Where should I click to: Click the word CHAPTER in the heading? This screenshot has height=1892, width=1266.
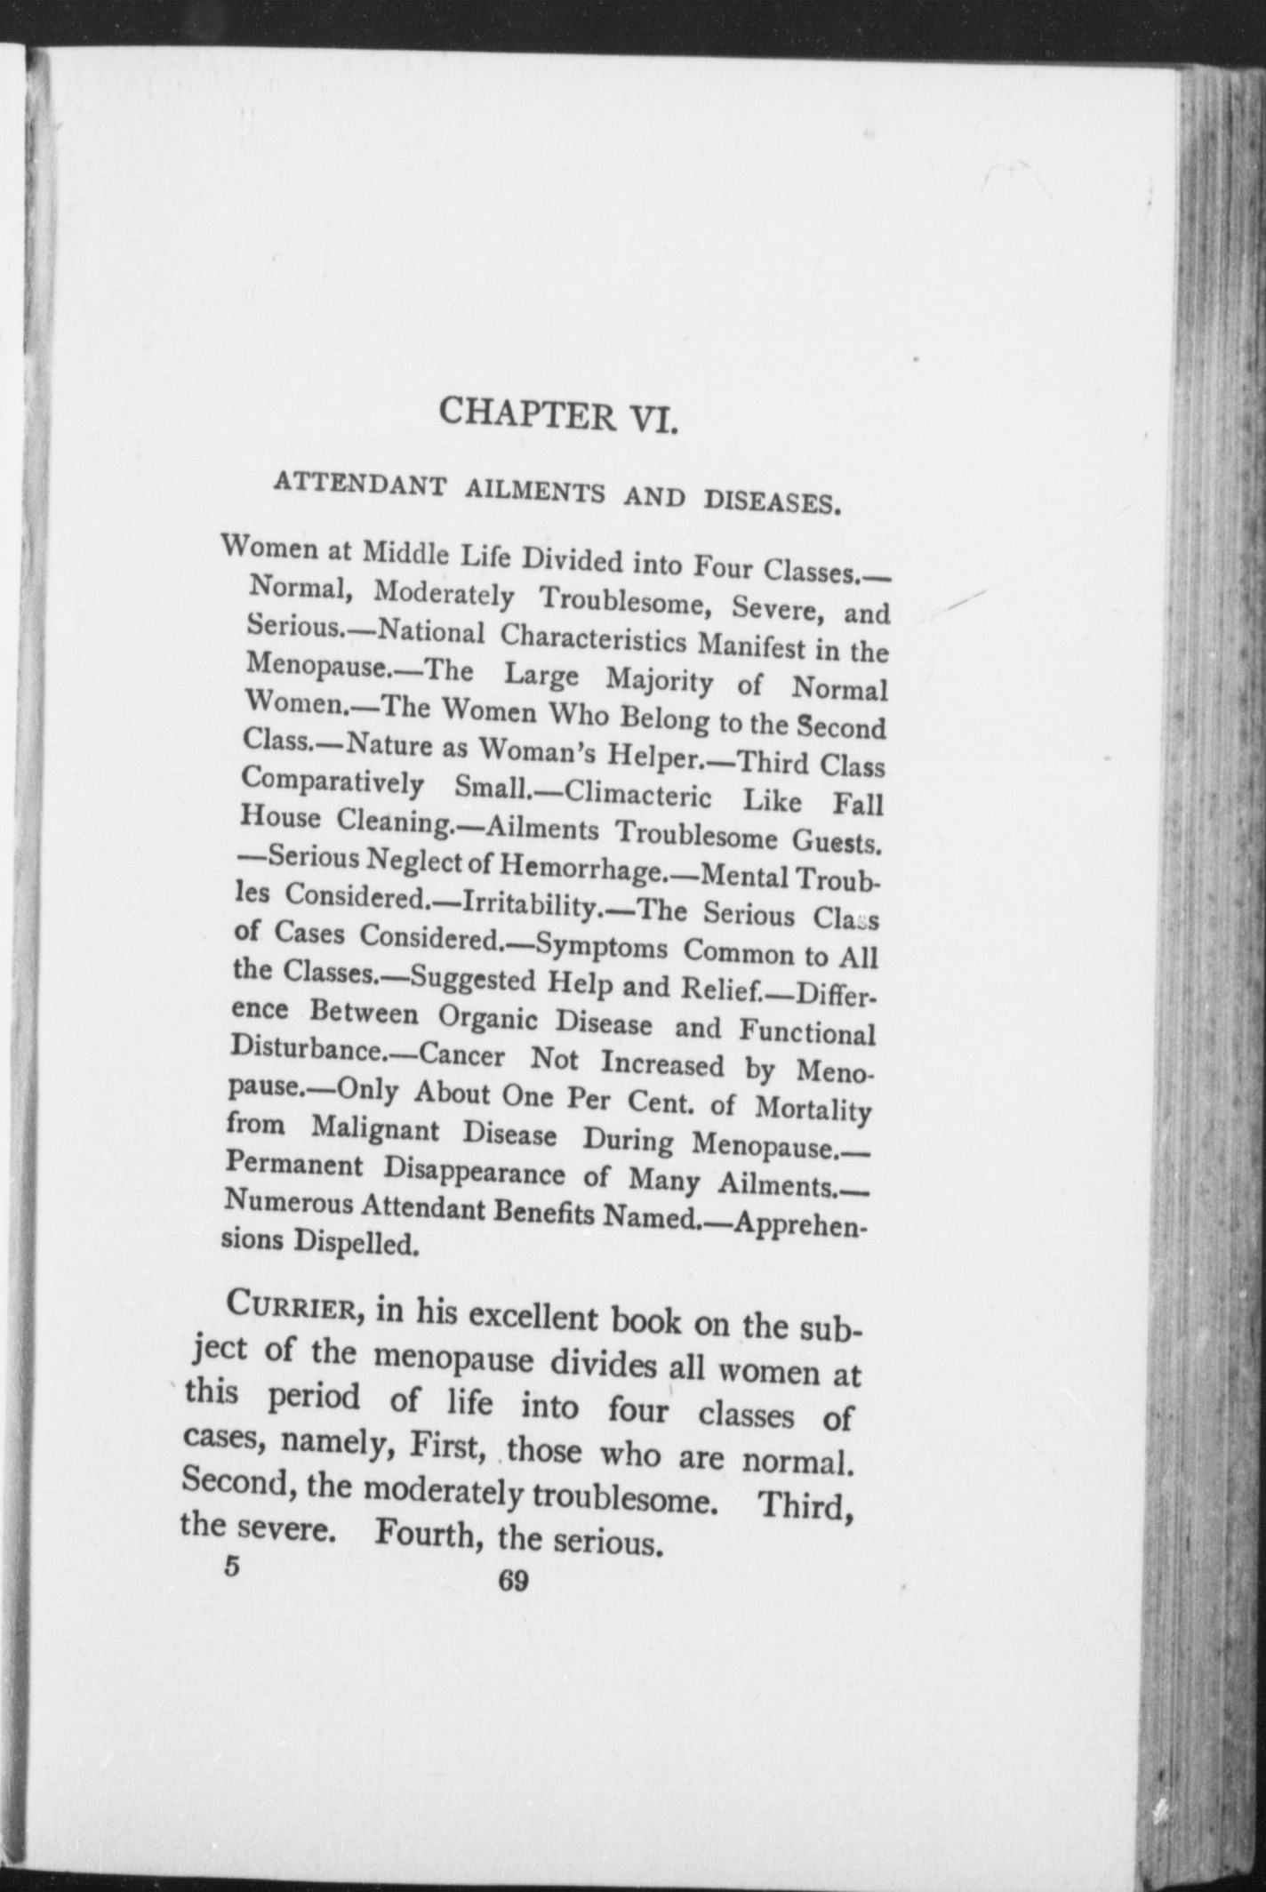[x=525, y=413]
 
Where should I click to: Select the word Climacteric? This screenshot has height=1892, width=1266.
[x=637, y=794]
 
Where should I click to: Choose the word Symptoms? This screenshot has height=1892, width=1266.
[x=603, y=946]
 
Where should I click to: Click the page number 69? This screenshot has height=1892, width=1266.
[x=514, y=1580]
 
